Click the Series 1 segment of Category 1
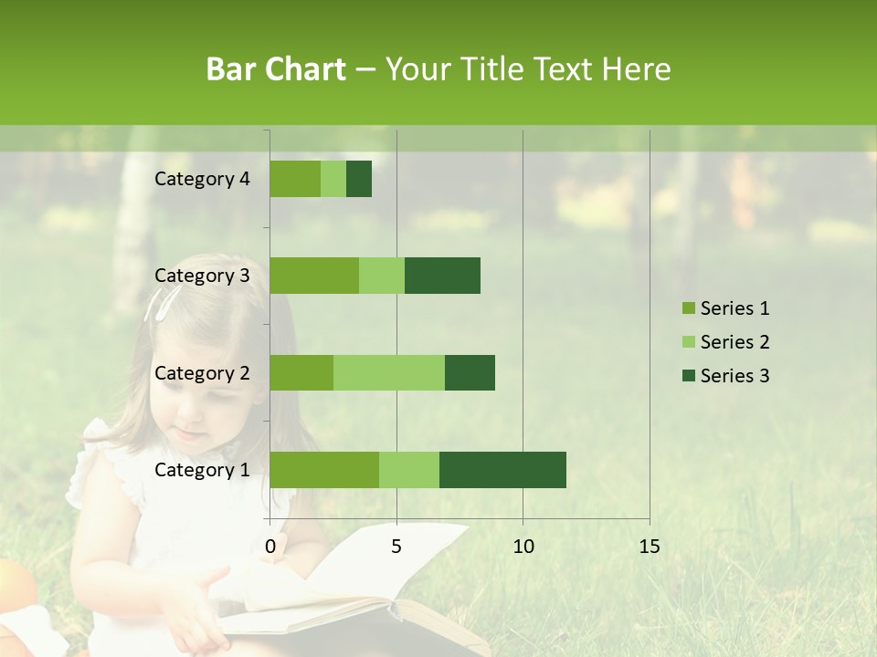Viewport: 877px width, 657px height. pos(324,470)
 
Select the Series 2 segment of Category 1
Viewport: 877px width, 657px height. pos(409,470)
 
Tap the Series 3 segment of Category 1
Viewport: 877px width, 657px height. pos(502,470)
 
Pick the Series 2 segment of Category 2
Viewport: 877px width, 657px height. pos(389,373)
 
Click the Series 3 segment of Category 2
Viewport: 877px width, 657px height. pos(470,373)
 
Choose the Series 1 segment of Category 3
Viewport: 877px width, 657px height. pos(314,276)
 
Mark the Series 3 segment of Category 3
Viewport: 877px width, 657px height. pos(442,276)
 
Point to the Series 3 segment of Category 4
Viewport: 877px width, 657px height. pos(359,179)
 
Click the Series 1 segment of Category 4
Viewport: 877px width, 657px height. pos(295,179)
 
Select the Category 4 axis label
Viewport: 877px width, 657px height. pos(202,179)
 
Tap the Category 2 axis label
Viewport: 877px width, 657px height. pos(202,373)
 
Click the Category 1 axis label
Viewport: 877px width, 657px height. pos(202,470)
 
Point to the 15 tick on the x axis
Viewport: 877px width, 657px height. pos(649,547)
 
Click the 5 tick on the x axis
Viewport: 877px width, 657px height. pos(396,547)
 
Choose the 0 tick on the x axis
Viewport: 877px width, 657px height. pos(270,547)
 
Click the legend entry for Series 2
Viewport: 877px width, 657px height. pos(734,342)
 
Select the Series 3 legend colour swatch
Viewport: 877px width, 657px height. pos(688,376)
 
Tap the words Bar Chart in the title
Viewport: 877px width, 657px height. pos(276,69)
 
